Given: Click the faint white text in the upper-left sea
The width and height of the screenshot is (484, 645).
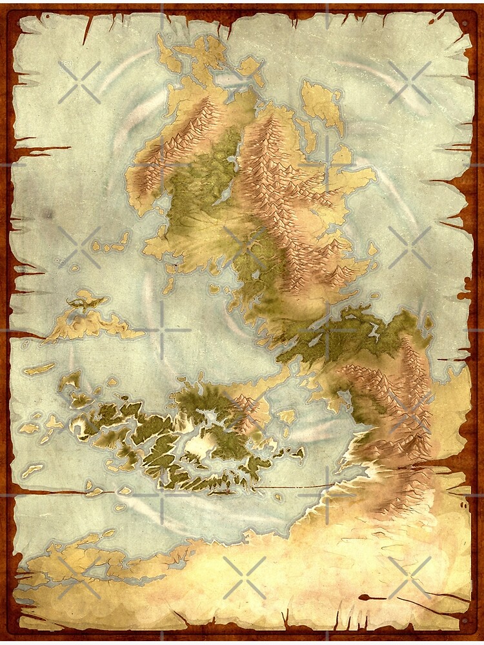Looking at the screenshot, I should click(67, 63).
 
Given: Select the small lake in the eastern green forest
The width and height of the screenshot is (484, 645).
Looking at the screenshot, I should click(374, 332).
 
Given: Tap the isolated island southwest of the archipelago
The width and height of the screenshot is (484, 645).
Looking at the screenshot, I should click(33, 470).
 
